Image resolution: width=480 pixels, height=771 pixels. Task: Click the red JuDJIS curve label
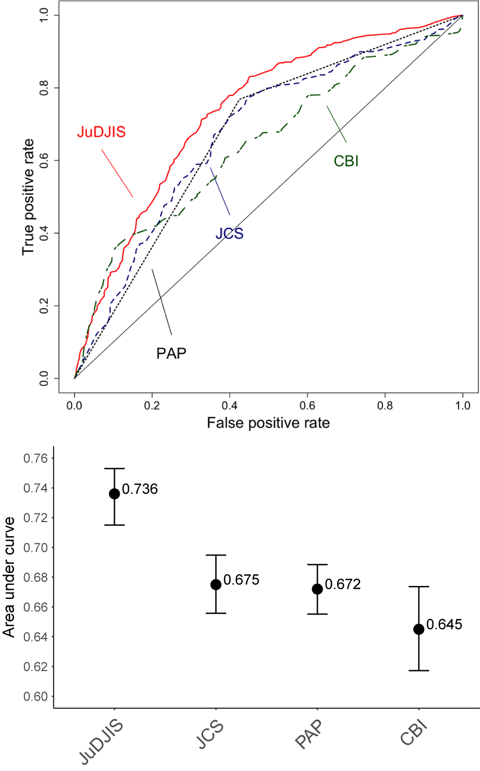(x=101, y=131)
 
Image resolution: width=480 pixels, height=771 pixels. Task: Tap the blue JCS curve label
(x=229, y=234)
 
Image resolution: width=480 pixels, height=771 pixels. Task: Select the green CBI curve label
(x=346, y=161)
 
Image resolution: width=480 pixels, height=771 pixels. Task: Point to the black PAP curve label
(x=172, y=353)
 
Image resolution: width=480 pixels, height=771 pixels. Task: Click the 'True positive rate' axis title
(x=28, y=197)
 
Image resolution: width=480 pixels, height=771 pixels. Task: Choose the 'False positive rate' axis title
(x=268, y=423)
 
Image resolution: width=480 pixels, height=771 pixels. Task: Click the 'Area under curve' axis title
(x=9, y=577)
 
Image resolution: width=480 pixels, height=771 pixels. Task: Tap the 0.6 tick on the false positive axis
(x=307, y=404)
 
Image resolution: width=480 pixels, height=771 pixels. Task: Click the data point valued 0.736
(x=114, y=493)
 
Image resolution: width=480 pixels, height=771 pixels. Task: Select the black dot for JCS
(x=215, y=584)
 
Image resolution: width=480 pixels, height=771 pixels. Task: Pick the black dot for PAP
(x=317, y=589)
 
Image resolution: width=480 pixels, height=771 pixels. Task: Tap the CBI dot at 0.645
(x=418, y=629)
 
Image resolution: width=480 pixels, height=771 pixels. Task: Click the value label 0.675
(x=241, y=580)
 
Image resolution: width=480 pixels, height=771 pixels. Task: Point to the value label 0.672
(x=343, y=584)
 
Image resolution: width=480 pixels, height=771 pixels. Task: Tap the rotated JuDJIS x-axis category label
(x=103, y=742)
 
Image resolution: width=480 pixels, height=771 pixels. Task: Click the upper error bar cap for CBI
(x=418, y=587)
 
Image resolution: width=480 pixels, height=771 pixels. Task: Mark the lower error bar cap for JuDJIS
(x=114, y=525)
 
